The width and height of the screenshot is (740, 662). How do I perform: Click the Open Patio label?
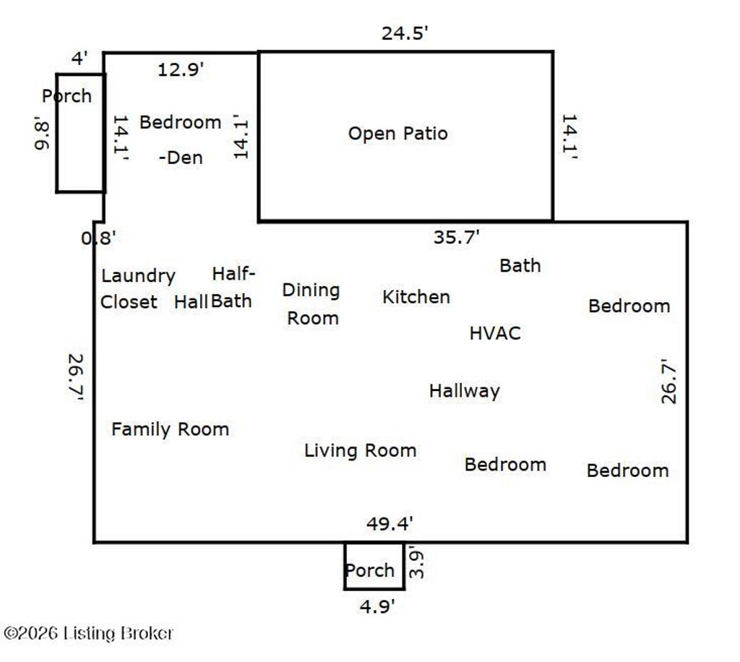(x=398, y=134)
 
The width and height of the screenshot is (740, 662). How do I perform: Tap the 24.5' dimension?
(x=405, y=33)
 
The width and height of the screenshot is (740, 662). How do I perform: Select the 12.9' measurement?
(x=180, y=70)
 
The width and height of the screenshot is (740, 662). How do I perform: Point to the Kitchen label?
(x=416, y=297)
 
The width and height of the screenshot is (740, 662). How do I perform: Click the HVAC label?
(x=495, y=333)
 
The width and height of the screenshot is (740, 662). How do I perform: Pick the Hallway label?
(x=465, y=391)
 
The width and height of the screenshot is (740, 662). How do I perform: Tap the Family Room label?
(x=170, y=429)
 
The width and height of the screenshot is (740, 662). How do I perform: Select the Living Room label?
(x=360, y=451)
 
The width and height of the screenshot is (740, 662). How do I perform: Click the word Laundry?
(x=138, y=277)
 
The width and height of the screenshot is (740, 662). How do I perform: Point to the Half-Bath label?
(x=233, y=288)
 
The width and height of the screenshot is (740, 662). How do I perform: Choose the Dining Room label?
(x=311, y=304)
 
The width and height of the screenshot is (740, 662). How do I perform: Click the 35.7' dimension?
(x=457, y=237)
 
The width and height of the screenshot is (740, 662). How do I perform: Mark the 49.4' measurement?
(x=390, y=523)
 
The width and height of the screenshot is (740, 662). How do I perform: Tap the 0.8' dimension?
(x=98, y=238)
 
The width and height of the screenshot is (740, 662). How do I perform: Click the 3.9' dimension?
(x=417, y=562)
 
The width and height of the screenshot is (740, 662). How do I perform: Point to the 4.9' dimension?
(x=377, y=606)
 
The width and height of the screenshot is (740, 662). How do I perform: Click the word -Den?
(x=181, y=158)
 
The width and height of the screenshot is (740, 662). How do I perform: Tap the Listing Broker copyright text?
(x=88, y=633)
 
